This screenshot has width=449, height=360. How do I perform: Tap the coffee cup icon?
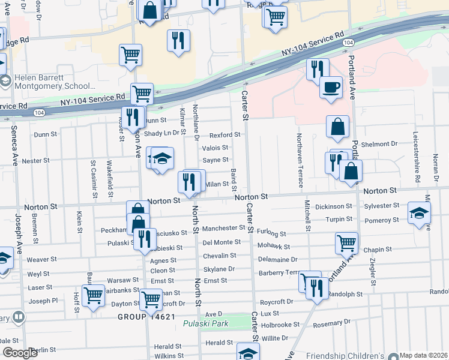pyautogui.click(x=330, y=88)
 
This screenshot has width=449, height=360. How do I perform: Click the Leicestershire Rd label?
pyautogui.click(x=415, y=158)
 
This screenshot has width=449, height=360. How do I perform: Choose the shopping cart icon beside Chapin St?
pyautogui.click(x=346, y=243)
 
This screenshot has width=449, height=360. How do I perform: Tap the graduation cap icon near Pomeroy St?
pyautogui.click(x=418, y=214)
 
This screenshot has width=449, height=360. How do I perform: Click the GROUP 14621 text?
pyautogui.click(x=146, y=316)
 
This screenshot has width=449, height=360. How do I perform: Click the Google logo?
pyautogui.click(x=20, y=353)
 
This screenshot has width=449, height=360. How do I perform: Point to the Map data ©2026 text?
pyautogui.click(x=424, y=355)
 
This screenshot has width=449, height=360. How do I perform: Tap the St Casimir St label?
pyautogui.click(x=94, y=178)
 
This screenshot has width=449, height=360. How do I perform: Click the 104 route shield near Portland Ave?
pyautogui.click(x=348, y=43)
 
